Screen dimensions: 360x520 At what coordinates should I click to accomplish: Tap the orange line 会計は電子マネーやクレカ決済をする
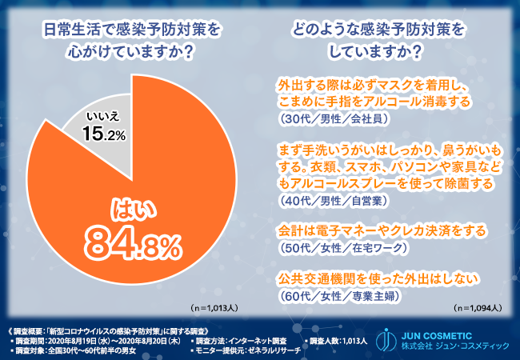(382, 231)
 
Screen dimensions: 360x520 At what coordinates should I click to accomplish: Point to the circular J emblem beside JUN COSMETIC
(387, 341)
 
